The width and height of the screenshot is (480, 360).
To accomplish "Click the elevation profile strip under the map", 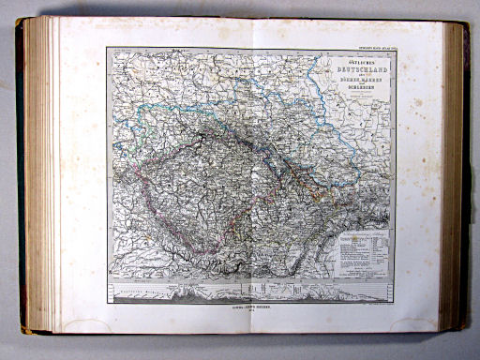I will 251,292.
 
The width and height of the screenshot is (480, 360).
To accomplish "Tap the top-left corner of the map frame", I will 109,50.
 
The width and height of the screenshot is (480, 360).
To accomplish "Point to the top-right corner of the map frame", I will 396,50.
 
